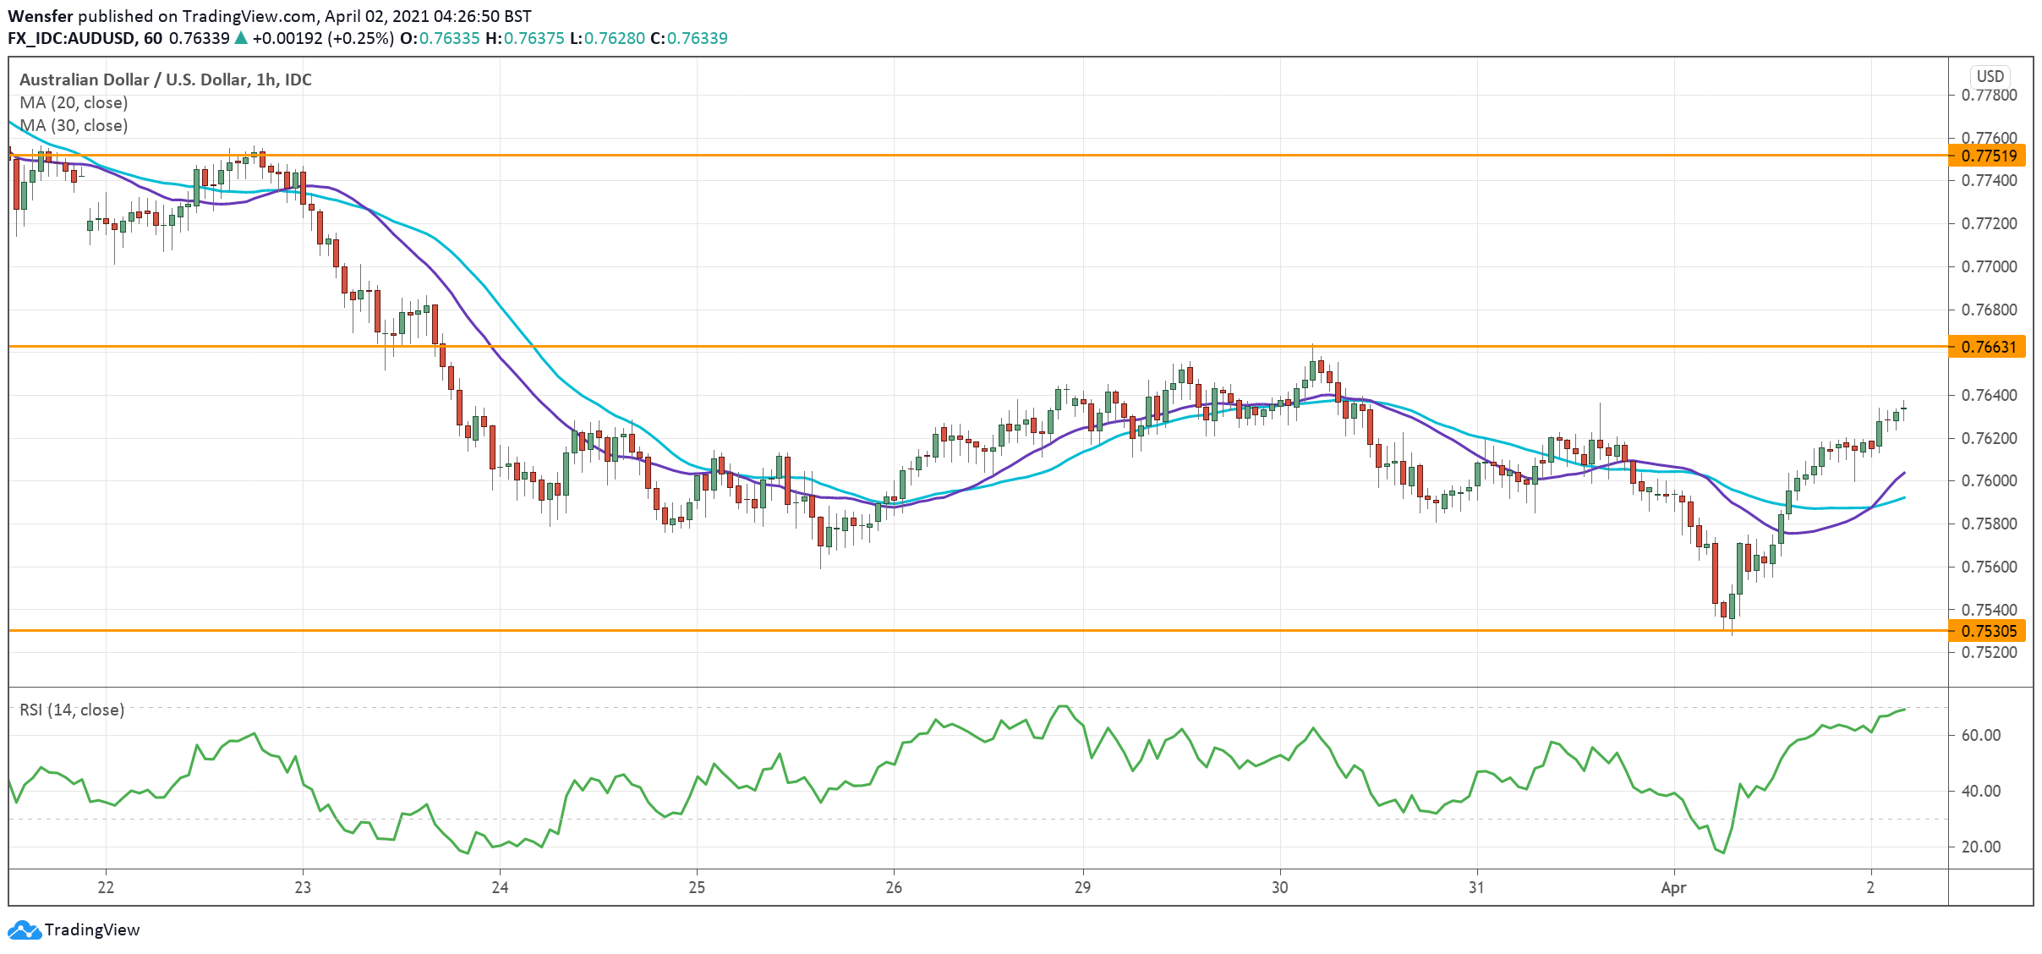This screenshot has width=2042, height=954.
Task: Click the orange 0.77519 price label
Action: point(1988,156)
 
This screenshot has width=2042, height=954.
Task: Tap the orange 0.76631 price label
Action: point(1988,347)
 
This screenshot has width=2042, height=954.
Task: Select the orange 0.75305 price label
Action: point(1988,631)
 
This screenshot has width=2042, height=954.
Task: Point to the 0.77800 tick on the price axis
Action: point(1989,95)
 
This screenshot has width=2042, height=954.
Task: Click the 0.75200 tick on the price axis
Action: point(1989,652)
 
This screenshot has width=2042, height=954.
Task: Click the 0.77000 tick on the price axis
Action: point(1989,266)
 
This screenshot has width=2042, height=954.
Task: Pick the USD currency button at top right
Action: point(1990,76)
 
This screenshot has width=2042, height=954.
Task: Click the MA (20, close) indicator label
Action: point(74,102)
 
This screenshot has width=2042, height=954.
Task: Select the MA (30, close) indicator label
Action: point(74,125)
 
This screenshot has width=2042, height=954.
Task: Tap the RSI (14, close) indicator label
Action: point(72,710)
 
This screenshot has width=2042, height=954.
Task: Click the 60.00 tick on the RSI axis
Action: point(1980,735)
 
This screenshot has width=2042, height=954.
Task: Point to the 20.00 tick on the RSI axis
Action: point(1980,847)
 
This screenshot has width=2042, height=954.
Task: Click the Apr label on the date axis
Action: point(1673,887)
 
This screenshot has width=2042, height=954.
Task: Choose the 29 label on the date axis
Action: point(1082,887)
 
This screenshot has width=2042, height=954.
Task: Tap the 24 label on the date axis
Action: point(500,887)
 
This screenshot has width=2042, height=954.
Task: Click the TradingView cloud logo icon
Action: point(24,929)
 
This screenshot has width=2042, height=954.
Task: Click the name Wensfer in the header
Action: point(41,16)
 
